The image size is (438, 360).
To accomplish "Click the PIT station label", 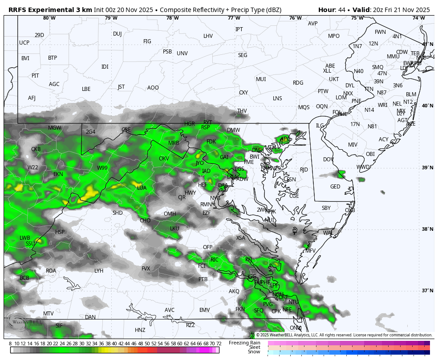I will (x=35, y=76).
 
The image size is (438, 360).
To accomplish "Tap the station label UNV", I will (x=182, y=53).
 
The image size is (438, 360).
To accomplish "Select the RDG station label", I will (x=298, y=83).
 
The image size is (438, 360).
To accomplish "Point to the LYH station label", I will (x=99, y=271).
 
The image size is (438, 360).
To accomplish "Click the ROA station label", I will (x=51, y=271).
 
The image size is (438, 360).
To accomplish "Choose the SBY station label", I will (x=326, y=208).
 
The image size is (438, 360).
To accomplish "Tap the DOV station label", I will (x=328, y=160).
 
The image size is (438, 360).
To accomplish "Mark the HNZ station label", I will (x=140, y=330).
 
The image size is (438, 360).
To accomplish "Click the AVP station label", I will (x=312, y=24).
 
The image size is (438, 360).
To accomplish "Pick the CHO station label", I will (x=145, y=221).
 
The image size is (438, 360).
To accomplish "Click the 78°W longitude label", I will (x=172, y=18).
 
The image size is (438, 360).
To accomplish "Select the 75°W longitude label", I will (x=357, y=18).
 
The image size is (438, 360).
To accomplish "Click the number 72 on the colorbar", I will (x=219, y=344).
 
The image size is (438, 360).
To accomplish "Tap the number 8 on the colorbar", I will (x=10, y=344).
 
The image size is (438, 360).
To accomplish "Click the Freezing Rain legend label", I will (x=244, y=343).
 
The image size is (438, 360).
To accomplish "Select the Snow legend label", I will (x=254, y=352).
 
